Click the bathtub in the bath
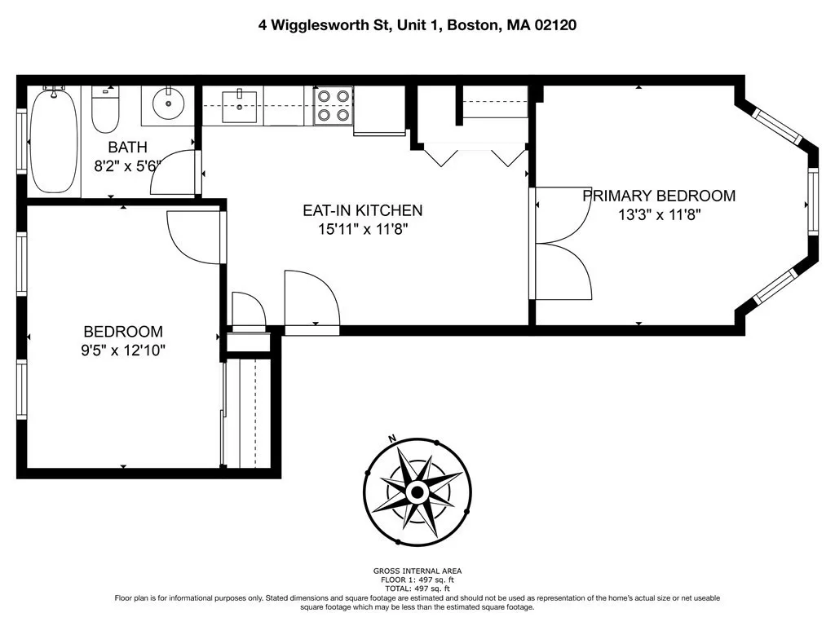(x=54, y=140)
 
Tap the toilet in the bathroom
(x=105, y=112)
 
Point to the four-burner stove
(x=334, y=106)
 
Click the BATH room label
(x=128, y=148)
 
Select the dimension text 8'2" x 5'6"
(x=128, y=165)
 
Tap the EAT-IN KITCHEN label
(x=362, y=210)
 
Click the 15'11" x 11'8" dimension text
(x=362, y=229)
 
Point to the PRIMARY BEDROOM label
(x=658, y=196)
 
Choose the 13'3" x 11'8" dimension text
(x=658, y=215)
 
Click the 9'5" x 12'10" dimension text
(x=124, y=350)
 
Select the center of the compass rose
(x=417, y=492)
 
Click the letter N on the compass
(x=392, y=439)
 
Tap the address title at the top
(x=417, y=25)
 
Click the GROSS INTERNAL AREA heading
(x=417, y=571)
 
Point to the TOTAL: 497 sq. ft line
(x=417, y=588)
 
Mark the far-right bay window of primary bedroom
(x=812, y=201)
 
